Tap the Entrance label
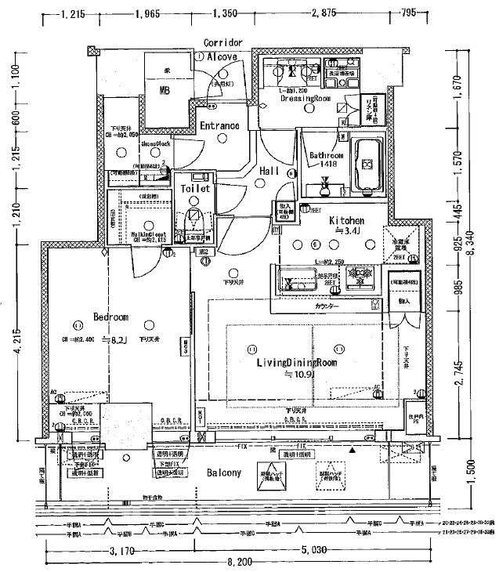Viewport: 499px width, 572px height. (219, 125)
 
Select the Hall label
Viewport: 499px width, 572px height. (270, 171)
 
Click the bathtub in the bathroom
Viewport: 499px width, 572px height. (367, 166)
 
